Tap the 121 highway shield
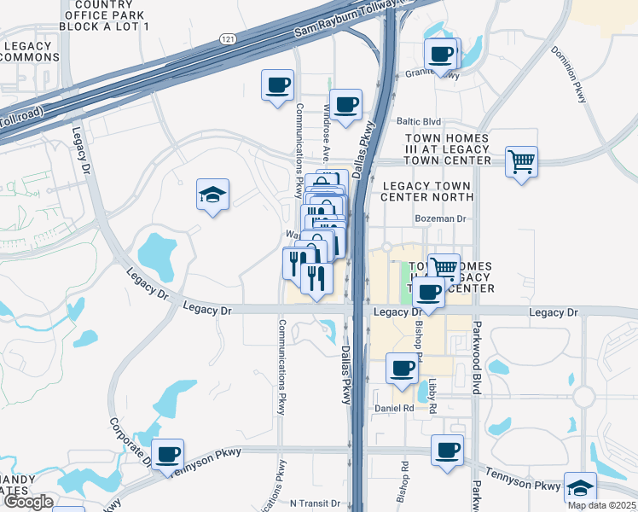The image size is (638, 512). pyautogui.click(x=226, y=40)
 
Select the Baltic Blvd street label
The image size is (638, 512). pyautogui.click(x=418, y=122)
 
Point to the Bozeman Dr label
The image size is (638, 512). pyautogui.click(x=439, y=218)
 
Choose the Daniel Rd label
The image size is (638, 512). pyautogui.click(x=394, y=409)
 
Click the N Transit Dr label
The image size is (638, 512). pyautogui.click(x=316, y=503)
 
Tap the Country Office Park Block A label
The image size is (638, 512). pyautogui.click(x=105, y=15)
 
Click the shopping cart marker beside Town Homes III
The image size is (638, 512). pyautogui.click(x=521, y=160)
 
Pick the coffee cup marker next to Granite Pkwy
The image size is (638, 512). pyautogui.click(x=441, y=55)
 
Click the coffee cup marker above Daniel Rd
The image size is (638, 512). pyautogui.click(x=402, y=368)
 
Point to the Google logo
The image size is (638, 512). pyautogui.click(x=28, y=502)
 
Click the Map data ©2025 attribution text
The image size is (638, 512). pyautogui.click(x=601, y=505)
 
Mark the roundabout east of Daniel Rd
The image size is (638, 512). pyautogui.click(x=583, y=396)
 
